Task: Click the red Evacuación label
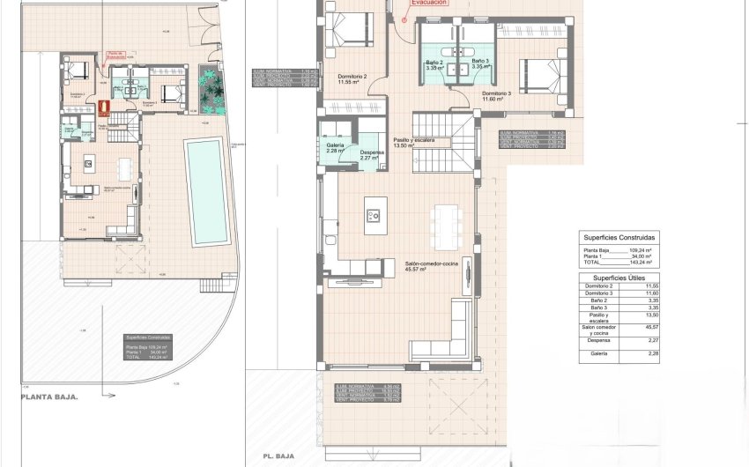[x=426, y=4]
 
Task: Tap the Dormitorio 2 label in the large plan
[x=352, y=78]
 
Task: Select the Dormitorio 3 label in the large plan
[x=496, y=93]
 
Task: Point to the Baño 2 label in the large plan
[x=434, y=63]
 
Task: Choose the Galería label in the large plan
[x=335, y=146]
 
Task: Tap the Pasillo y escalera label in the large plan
[x=413, y=141]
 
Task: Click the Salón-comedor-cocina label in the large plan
[x=428, y=265]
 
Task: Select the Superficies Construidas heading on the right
[x=618, y=238]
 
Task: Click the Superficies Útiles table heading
[x=618, y=278]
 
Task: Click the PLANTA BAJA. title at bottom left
[x=49, y=397]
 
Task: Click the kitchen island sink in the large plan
[x=373, y=215]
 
